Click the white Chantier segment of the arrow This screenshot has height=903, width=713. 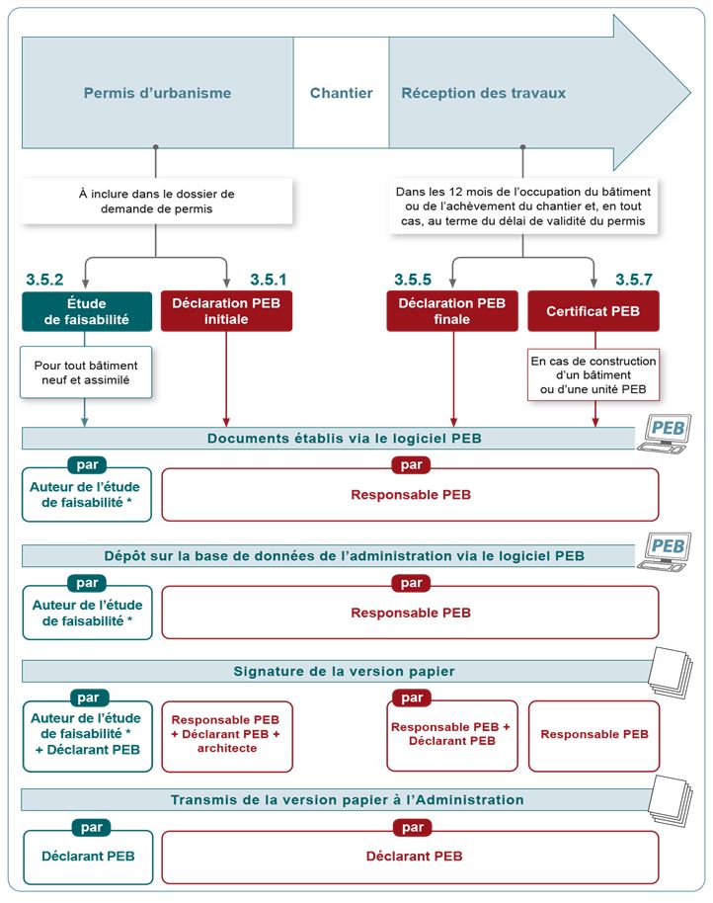point(341,94)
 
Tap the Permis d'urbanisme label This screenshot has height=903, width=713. point(157,94)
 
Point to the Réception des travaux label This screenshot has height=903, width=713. point(483,94)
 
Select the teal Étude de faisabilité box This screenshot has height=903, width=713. point(87,311)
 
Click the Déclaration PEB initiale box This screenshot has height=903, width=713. point(226,311)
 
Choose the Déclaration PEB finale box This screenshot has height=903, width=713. point(451,311)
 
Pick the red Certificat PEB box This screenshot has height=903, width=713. point(593,311)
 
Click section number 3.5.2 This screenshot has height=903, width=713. point(44,280)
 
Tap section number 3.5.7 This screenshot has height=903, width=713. point(633,280)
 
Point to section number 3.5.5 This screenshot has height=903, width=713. point(414,280)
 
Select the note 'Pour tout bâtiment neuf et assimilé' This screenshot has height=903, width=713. point(87,372)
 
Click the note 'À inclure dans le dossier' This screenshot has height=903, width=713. point(156,201)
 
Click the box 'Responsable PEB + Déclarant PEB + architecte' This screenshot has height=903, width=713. point(226,734)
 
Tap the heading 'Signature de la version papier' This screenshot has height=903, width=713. point(344,672)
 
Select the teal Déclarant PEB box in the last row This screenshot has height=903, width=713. point(88,857)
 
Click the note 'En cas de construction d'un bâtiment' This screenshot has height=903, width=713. point(593,372)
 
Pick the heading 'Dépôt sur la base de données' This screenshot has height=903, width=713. point(344,556)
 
